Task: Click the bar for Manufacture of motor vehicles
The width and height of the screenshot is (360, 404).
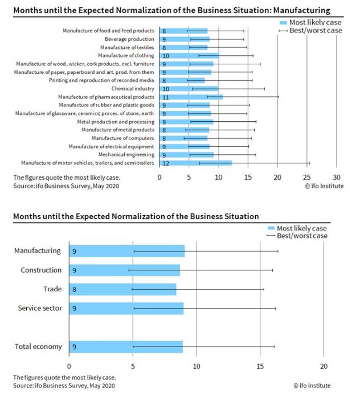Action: click(x=195, y=163)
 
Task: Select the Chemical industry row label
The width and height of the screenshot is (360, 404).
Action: click(x=133, y=89)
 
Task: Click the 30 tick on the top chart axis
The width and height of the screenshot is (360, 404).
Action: click(x=337, y=176)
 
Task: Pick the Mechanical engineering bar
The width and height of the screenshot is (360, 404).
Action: click(x=186, y=155)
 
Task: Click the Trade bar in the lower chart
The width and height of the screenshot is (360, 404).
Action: click(x=122, y=290)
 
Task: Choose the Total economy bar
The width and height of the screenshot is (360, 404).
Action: click(x=125, y=347)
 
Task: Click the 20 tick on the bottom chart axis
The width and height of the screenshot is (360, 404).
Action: click(x=324, y=366)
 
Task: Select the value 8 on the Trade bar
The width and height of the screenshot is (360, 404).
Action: click(x=74, y=290)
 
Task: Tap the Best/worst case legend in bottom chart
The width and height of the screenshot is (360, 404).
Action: click(x=301, y=236)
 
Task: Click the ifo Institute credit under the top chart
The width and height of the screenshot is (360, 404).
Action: click(x=324, y=185)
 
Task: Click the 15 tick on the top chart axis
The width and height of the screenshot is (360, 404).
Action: click(x=248, y=176)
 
